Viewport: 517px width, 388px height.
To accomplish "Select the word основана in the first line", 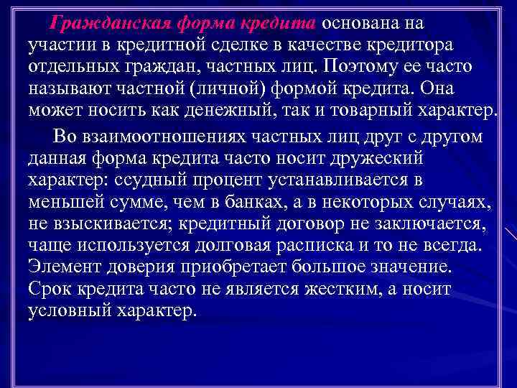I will (x=357, y=22).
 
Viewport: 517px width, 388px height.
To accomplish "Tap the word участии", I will (x=57, y=45).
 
